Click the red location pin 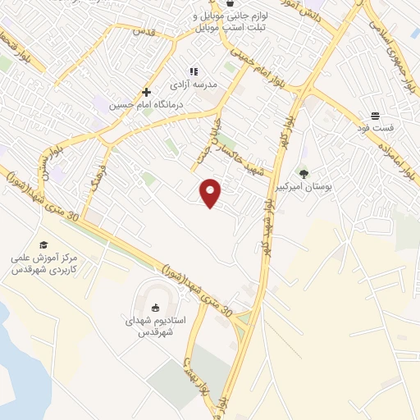point(211,193)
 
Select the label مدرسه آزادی point(193,84)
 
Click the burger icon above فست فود point(375,116)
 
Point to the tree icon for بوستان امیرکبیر point(304,174)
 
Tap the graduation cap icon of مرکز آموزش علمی point(43,244)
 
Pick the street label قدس point(145,32)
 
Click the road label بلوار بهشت point(190,369)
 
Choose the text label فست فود point(380,129)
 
